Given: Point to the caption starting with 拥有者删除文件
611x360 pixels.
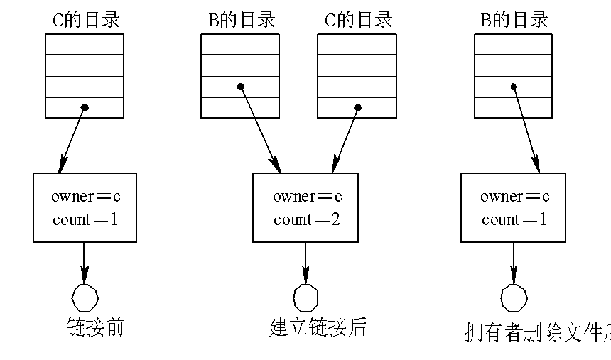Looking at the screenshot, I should (537, 332).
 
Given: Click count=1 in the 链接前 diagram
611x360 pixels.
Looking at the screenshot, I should (85, 219).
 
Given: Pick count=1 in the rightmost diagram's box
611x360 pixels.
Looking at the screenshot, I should (514, 219).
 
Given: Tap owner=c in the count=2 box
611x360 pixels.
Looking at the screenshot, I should (307, 197).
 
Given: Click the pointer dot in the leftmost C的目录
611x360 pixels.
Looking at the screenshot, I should (85, 107).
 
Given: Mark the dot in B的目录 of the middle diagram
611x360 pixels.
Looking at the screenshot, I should (240, 87).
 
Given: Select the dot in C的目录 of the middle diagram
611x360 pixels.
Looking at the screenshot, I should (357, 107).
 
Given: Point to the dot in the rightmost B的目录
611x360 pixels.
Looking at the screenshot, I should (513, 87).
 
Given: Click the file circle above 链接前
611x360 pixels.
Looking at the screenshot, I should (85, 298).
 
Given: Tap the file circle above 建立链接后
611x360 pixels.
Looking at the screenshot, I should (306, 298).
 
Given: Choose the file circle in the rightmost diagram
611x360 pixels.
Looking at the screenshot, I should (514, 298).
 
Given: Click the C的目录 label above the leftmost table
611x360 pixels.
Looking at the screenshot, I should (86, 19).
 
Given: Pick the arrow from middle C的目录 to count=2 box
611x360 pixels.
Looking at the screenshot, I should (345, 140).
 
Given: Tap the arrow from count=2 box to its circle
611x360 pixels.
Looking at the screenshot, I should (306, 263).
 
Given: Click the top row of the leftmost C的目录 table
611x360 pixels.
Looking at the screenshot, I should (85, 44).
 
